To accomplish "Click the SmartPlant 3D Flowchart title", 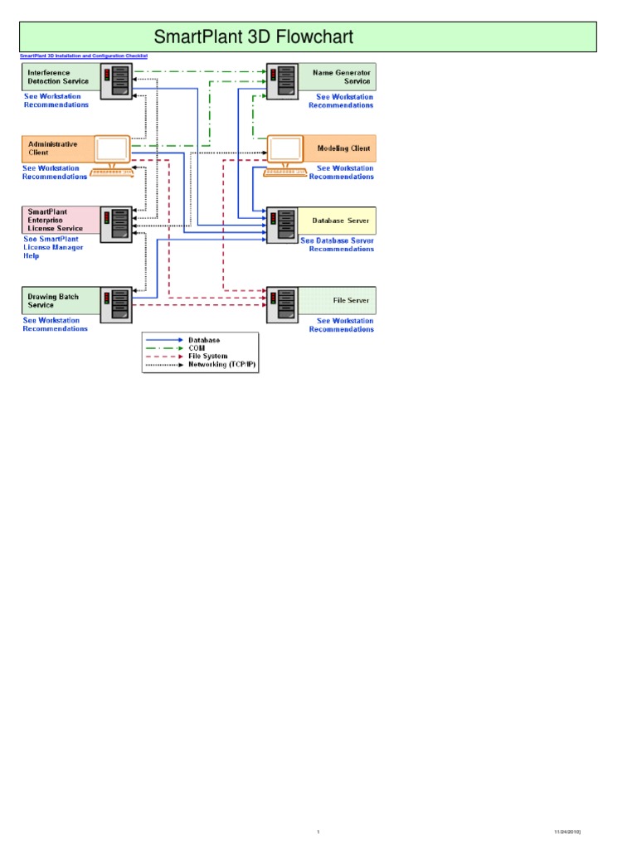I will (x=254, y=37).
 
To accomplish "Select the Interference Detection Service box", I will (x=58, y=77).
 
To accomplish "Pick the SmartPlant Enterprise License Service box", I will (x=57, y=221).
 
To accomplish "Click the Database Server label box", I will (x=339, y=221).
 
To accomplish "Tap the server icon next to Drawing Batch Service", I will (x=116, y=304).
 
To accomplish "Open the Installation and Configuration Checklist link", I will (x=82, y=56).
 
